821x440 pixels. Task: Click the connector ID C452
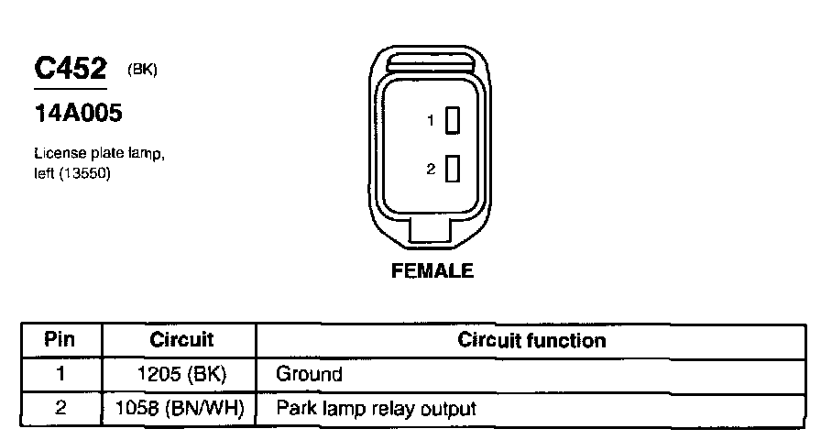click(71, 69)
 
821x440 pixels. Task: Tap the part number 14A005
click(78, 115)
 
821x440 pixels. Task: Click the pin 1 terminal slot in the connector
click(452, 120)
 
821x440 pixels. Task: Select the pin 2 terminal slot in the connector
click(452, 170)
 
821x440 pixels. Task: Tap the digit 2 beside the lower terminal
click(430, 170)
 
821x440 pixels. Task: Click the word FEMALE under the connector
click(432, 271)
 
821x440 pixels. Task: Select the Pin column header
click(60, 340)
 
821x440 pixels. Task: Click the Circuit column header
click(181, 340)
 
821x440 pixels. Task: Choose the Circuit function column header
click(531, 341)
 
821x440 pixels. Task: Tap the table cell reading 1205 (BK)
click(181, 374)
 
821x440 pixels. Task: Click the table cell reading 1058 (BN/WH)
click(181, 408)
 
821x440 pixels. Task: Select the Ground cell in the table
click(309, 374)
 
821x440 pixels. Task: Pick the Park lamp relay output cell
click(376, 408)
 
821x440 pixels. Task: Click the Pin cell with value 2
click(60, 408)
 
